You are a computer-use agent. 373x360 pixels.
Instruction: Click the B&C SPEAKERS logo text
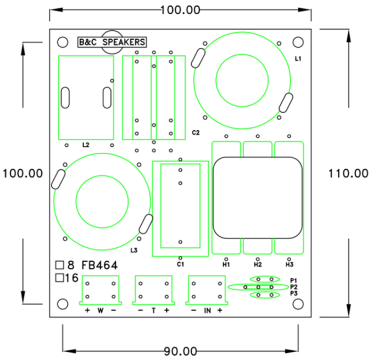click(x=112, y=42)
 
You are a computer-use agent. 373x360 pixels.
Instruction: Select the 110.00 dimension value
click(x=348, y=173)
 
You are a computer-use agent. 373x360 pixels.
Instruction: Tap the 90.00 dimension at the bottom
click(x=180, y=351)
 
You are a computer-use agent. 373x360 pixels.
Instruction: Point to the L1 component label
click(x=298, y=58)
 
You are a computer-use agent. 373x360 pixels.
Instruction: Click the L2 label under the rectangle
click(x=86, y=146)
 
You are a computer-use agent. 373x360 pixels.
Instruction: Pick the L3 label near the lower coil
click(x=134, y=251)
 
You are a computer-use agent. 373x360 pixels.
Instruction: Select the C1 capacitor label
click(x=180, y=264)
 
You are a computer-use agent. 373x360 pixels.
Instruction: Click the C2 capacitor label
click(x=196, y=133)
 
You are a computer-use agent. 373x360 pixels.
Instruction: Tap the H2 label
click(x=258, y=264)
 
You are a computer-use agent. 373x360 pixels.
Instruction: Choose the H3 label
click(x=289, y=264)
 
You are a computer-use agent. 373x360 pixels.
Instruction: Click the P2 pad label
click(x=294, y=287)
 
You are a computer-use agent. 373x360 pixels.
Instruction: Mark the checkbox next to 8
click(x=59, y=265)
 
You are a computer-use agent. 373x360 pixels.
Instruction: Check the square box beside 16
click(x=59, y=278)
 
